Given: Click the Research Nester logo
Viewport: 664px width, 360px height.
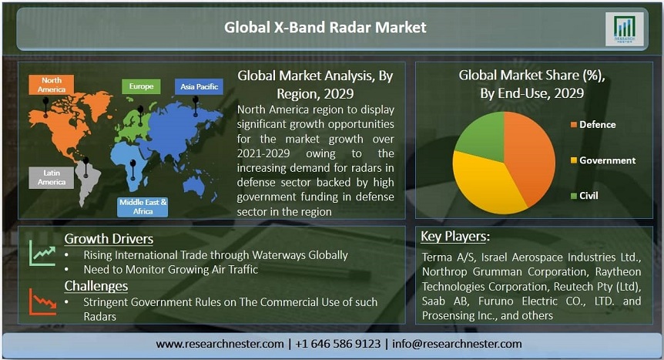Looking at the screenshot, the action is pyautogui.click(x=624, y=29).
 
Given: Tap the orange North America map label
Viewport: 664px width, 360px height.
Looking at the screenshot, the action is pyautogui.click(x=52, y=85).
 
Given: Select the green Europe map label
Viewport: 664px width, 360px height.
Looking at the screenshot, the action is pyautogui.click(x=141, y=86).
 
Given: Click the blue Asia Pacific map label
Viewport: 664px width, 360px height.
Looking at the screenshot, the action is pyautogui.click(x=199, y=86).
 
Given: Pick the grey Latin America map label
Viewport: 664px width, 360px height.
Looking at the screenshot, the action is pyautogui.click(x=52, y=177).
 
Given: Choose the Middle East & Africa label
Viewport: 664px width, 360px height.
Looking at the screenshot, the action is pyautogui.click(x=143, y=207).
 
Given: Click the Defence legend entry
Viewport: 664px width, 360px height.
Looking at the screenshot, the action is pyautogui.click(x=593, y=125).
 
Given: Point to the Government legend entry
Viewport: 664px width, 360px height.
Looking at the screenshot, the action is pyautogui.click(x=603, y=160).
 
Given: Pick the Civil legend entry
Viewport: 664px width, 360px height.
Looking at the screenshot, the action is pyautogui.click(x=585, y=196).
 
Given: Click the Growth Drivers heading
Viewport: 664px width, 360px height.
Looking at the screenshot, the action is pyautogui.click(x=109, y=239).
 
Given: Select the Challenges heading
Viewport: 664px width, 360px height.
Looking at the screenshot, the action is pyautogui.click(x=96, y=286).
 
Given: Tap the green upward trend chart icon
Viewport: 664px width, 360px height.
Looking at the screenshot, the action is pyautogui.click(x=42, y=253).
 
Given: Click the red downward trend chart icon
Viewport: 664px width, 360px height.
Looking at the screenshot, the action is pyautogui.click(x=42, y=301).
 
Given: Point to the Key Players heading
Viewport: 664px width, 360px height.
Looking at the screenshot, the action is pyautogui.click(x=454, y=236).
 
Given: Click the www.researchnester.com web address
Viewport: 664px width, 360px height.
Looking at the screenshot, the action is pyautogui.click(x=220, y=344).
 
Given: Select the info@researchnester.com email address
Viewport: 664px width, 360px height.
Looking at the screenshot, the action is pyautogui.click(x=457, y=344).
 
